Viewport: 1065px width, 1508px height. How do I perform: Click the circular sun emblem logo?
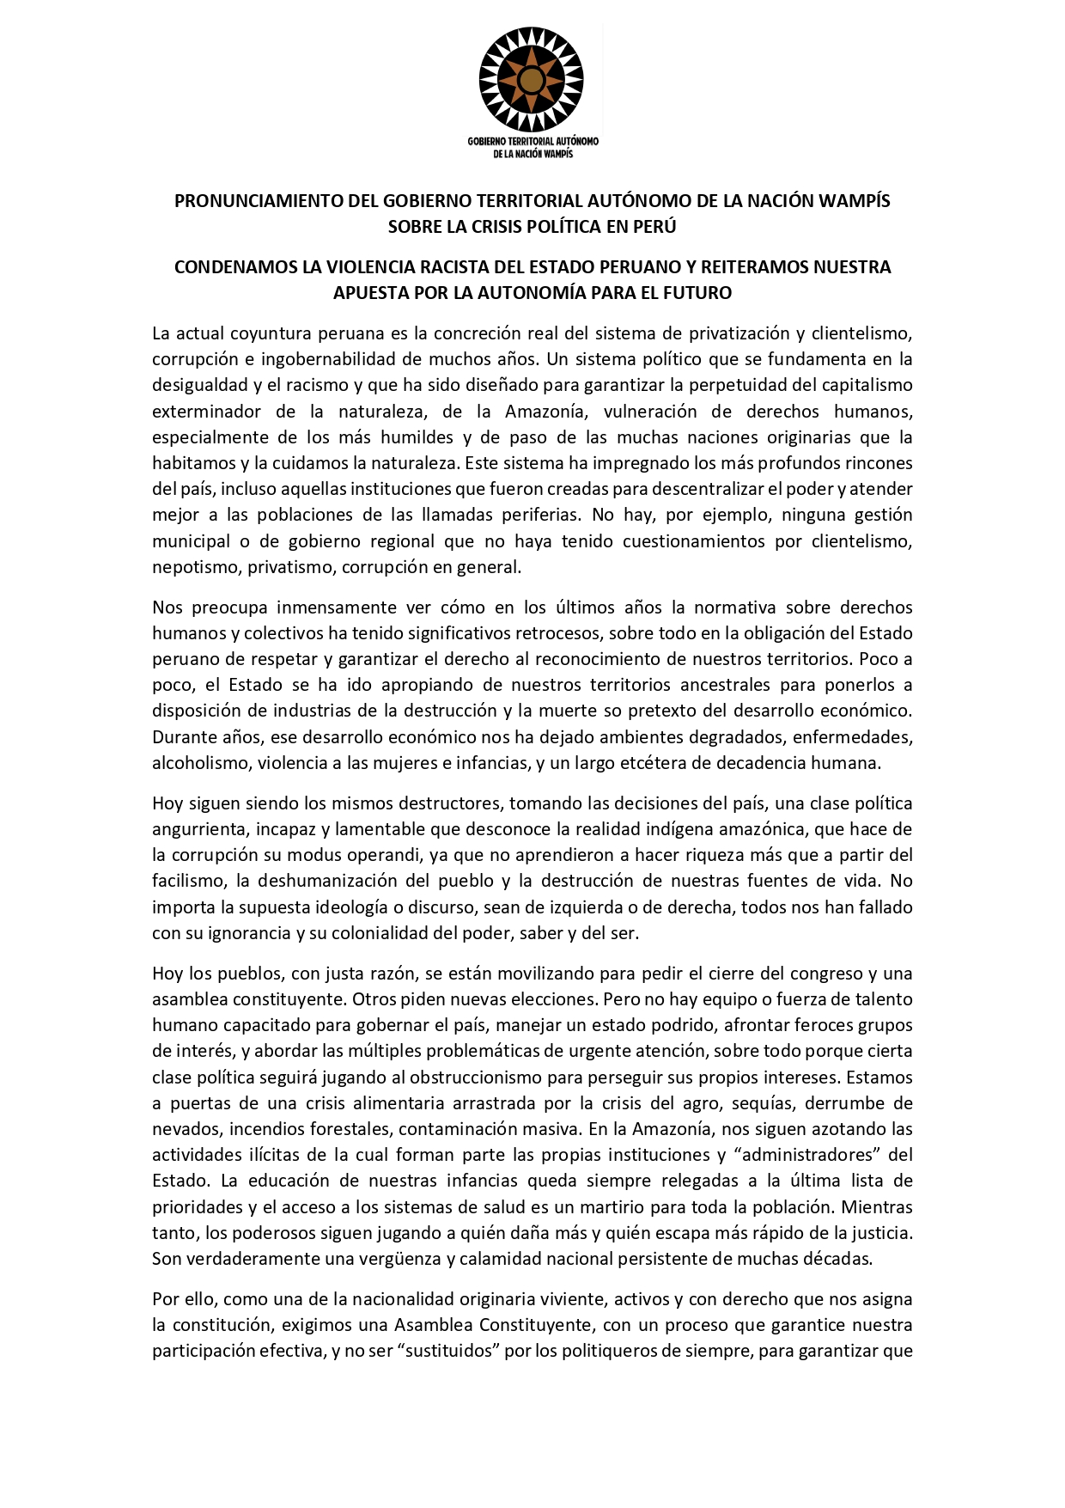pyautogui.click(x=532, y=78)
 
